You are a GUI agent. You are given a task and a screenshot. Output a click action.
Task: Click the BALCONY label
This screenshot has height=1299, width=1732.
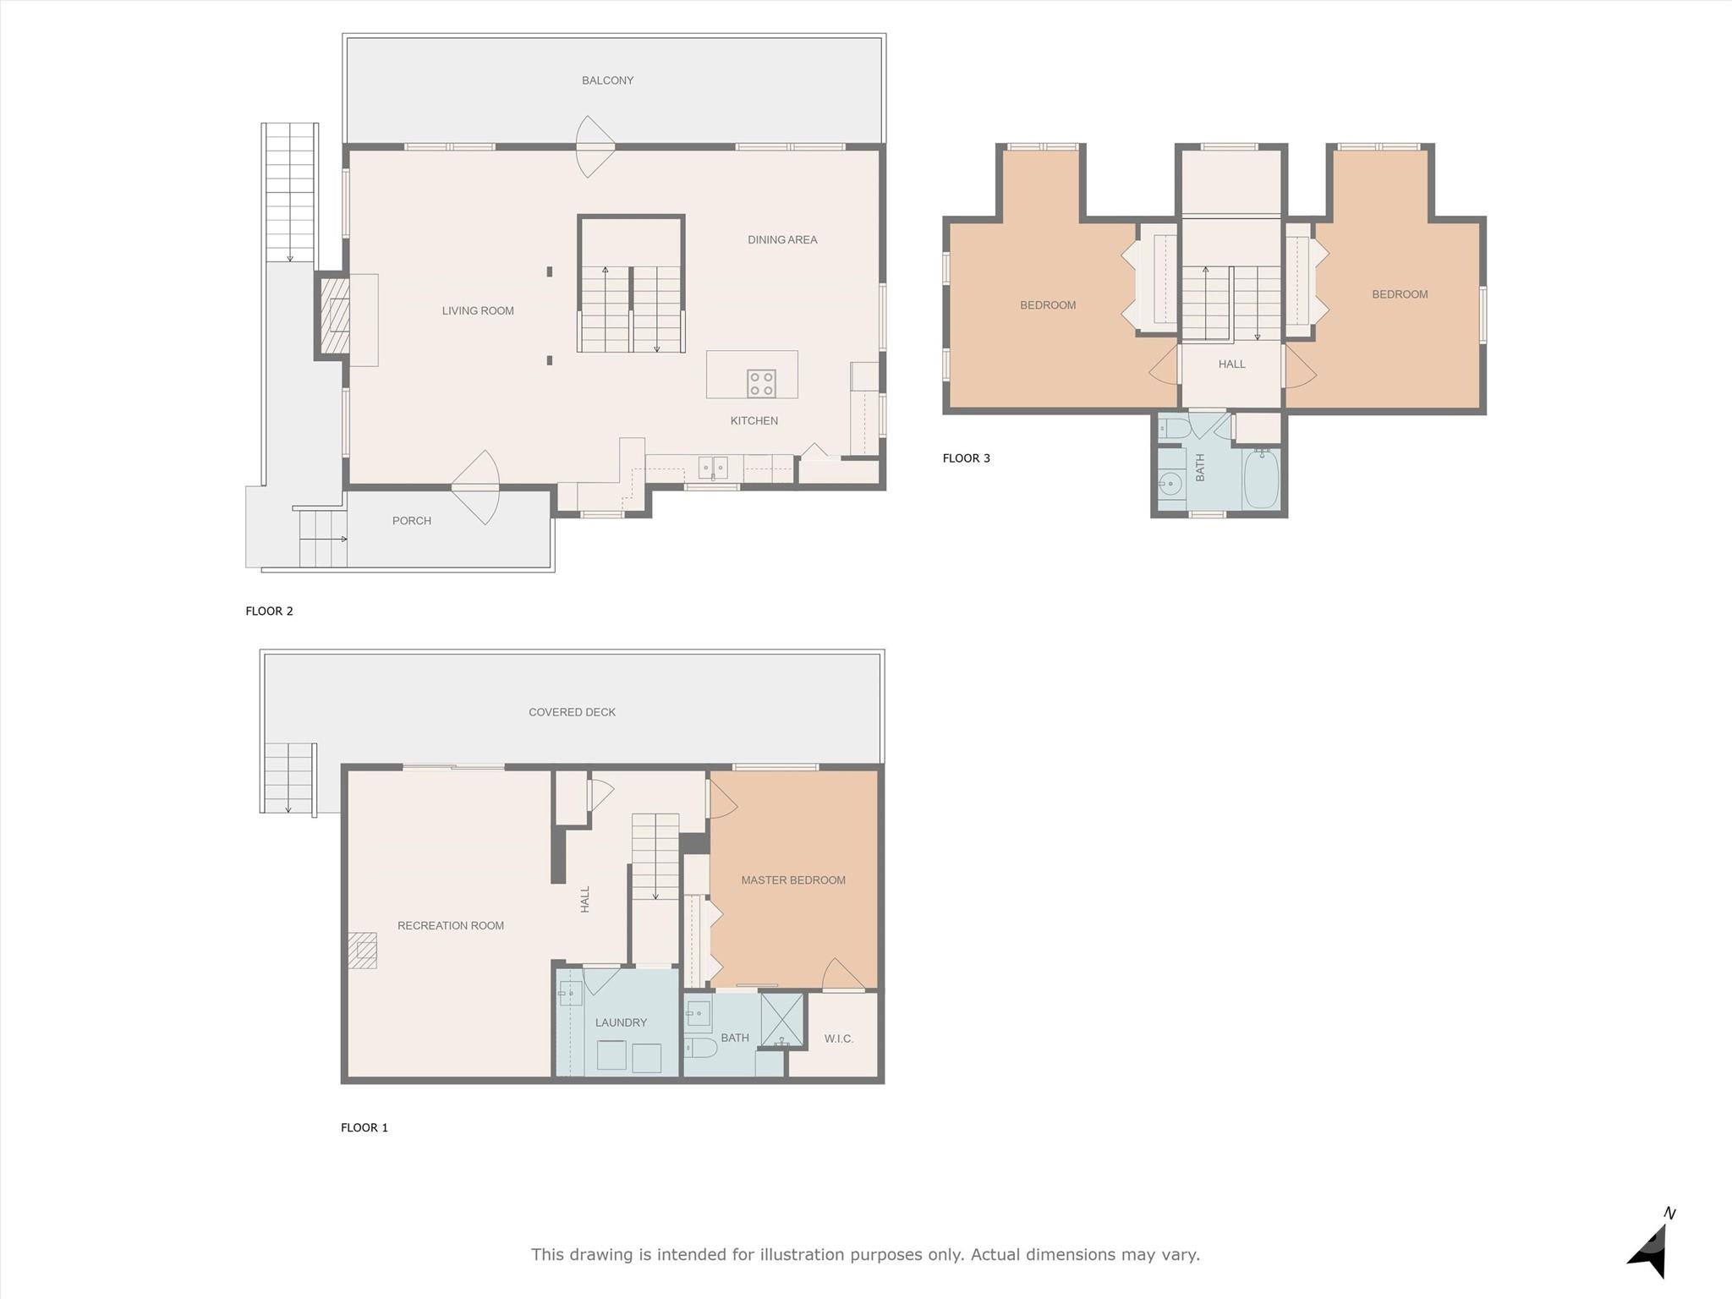(607, 80)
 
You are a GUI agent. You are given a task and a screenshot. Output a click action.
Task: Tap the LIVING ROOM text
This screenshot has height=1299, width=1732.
(478, 310)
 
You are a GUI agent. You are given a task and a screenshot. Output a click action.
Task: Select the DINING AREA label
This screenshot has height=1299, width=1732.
(782, 239)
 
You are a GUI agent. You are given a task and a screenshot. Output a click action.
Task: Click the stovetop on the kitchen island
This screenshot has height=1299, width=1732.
(761, 383)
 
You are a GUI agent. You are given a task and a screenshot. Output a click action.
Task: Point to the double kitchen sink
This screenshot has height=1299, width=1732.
(713, 467)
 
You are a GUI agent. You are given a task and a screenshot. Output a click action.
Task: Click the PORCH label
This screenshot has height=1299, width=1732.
(412, 521)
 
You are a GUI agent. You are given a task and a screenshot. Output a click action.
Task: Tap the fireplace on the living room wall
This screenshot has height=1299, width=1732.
(334, 315)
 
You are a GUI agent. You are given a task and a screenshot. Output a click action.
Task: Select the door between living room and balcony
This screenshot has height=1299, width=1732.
(595, 147)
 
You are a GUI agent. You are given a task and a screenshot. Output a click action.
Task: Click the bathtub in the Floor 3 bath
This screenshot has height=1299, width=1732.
(1261, 479)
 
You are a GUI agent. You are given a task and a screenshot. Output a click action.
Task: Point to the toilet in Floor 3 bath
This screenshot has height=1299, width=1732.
(1174, 428)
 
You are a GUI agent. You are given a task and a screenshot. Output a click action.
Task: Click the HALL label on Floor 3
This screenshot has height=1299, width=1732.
(1232, 364)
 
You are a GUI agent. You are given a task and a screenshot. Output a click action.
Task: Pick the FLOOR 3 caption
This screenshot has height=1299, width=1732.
(967, 458)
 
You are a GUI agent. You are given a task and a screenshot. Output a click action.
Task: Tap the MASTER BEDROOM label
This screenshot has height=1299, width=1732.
(793, 880)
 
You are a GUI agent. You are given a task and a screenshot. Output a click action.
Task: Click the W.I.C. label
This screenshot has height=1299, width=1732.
(839, 1039)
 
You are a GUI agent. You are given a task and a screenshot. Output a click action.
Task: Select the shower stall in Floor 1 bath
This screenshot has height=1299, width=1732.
(781, 1020)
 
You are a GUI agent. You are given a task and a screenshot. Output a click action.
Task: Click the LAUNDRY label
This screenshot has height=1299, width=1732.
(621, 1022)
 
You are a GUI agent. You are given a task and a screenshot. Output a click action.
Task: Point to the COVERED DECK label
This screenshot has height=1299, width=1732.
(573, 712)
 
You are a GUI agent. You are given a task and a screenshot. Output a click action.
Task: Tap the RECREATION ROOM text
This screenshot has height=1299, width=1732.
(451, 926)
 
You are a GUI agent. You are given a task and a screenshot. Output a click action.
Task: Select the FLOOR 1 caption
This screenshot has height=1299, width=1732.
(364, 1127)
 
